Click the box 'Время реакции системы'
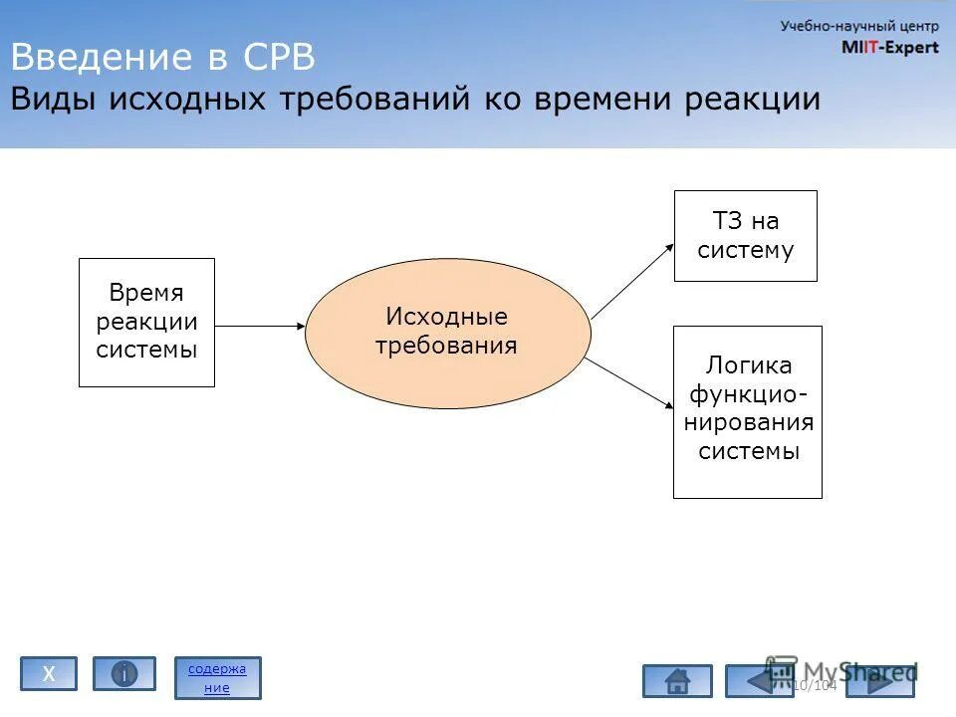coord(146,322)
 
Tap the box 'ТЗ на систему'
coord(745,236)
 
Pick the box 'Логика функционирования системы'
coord(747,411)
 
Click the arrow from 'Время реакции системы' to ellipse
coord(259,326)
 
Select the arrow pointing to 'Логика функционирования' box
coord(629,382)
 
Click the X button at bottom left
coord(49,674)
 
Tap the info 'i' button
coord(124,674)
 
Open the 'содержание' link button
coord(217,678)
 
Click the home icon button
coord(677,681)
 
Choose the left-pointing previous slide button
coord(759,681)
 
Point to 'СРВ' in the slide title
coord(278,58)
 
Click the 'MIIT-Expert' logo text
coord(889,47)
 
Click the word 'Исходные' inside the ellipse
coord(447,317)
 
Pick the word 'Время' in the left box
coord(146,293)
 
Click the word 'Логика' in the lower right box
coord(748,365)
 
